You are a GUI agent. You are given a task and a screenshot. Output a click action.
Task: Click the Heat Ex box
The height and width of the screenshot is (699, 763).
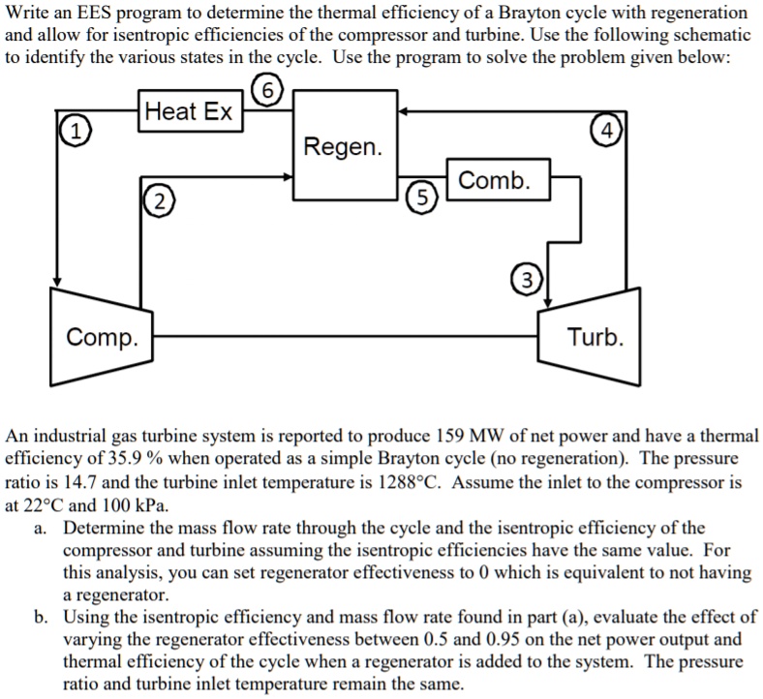pos(189,112)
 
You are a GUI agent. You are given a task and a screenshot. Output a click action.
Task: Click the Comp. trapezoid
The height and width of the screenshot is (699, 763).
pos(103,336)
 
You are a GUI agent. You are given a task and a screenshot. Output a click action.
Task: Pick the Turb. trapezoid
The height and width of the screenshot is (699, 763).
pos(594,336)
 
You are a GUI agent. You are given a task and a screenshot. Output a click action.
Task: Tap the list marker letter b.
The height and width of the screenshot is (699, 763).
pos(39,618)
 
